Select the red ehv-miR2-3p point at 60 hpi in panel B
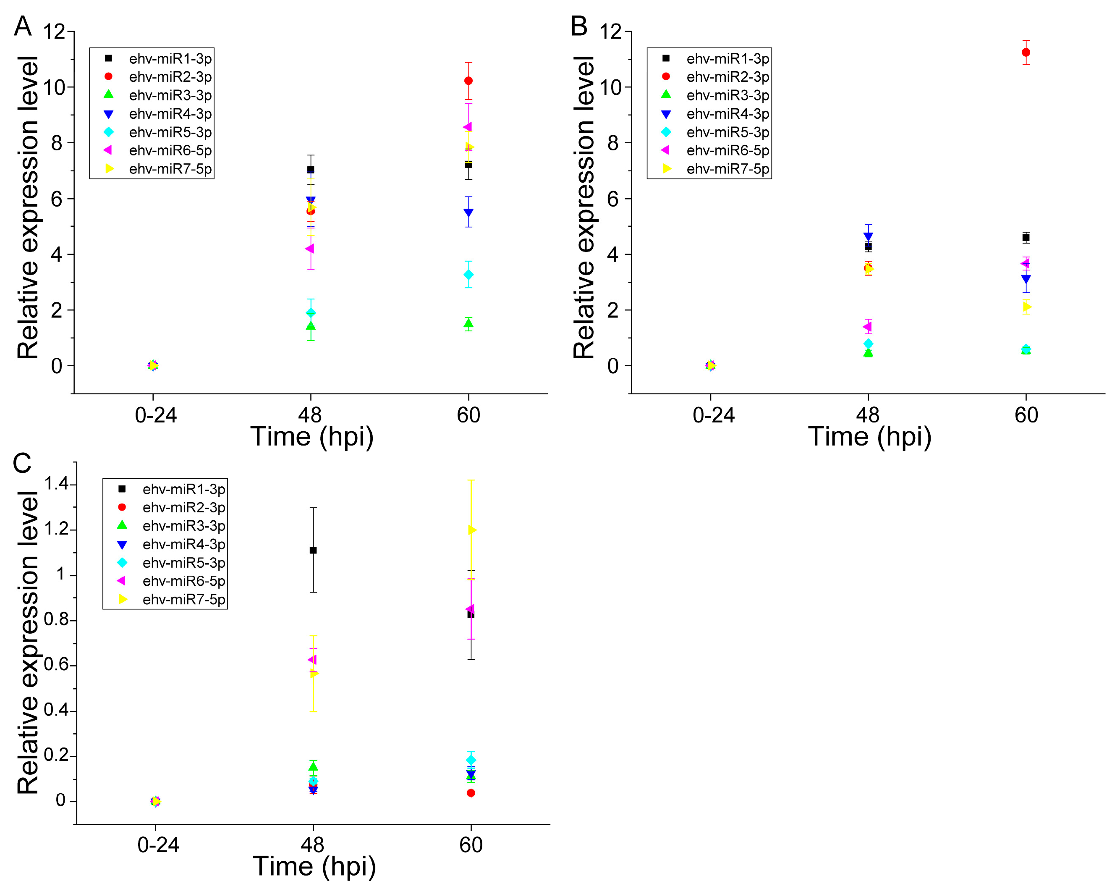[1026, 52]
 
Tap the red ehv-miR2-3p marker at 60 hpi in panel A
[468, 81]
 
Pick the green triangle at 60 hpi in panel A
[468, 323]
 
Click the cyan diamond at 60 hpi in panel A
[468, 275]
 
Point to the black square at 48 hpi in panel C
[313, 550]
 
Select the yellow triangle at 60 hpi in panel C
[471, 530]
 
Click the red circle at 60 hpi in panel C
[471, 793]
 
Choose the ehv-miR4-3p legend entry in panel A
[170, 113]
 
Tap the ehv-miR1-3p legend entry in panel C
[183, 489]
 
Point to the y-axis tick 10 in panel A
[54, 87]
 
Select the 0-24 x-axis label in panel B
[713, 415]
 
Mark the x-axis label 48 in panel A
[310, 415]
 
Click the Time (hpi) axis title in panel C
[314, 866]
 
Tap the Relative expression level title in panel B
[584, 206]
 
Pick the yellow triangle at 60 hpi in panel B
[1027, 307]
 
